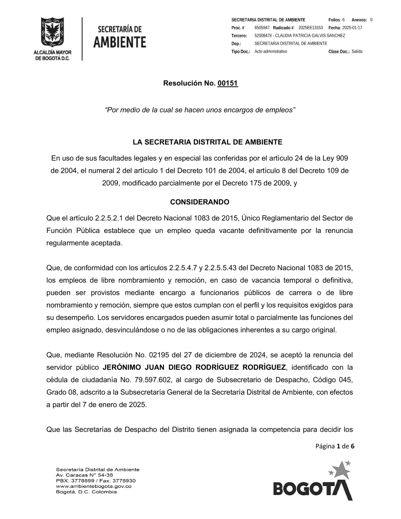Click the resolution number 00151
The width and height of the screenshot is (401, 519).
click(x=228, y=83)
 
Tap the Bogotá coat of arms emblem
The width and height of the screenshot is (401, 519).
click(x=52, y=33)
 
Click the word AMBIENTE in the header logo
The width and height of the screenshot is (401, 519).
click(x=119, y=42)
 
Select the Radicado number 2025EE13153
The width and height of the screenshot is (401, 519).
click(x=310, y=28)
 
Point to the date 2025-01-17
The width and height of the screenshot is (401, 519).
click(x=352, y=28)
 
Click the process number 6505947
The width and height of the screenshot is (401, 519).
click(x=262, y=28)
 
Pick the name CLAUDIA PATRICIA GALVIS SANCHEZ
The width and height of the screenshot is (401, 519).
click(x=310, y=36)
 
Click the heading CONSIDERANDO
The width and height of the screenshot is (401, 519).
click(x=200, y=202)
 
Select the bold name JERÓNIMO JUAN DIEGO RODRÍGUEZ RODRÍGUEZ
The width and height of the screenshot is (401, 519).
click(x=194, y=367)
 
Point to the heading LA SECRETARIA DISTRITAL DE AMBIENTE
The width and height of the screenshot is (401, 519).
click(x=207, y=142)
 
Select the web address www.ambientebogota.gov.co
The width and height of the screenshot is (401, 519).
click(x=93, y=486)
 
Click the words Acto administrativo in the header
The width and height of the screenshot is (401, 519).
click(x=271, y=51)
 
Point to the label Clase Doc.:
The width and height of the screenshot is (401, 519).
click(x=338, y=51)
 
